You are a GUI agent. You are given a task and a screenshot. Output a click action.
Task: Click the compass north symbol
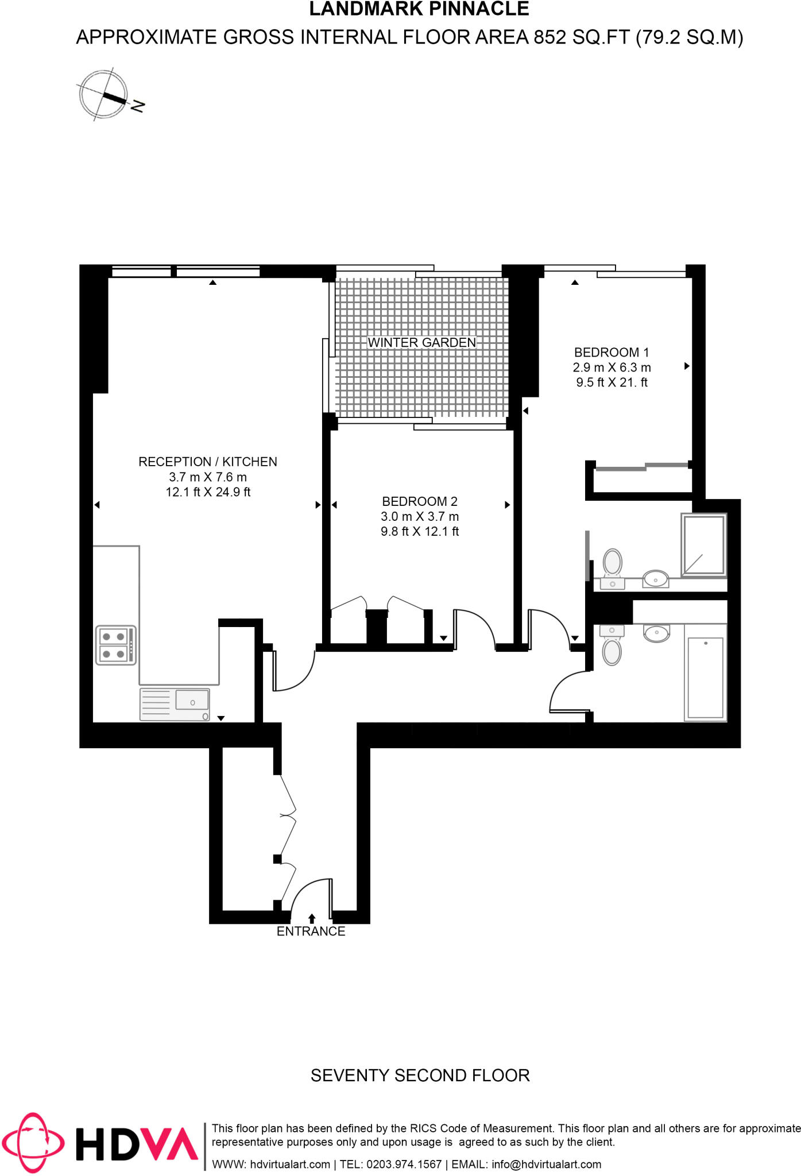tap(103, 94)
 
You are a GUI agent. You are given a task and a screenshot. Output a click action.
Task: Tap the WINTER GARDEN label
tap(421, 343)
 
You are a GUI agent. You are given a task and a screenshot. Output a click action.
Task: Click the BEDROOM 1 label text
tap(611, 353)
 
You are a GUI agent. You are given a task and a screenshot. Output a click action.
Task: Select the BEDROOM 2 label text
tap(420, 501)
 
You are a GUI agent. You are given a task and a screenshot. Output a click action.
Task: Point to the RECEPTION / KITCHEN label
tap(208, 462)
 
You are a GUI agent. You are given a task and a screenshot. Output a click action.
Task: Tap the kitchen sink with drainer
tap(175, 704)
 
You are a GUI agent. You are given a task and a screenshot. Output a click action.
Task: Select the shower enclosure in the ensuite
tap(703, 544)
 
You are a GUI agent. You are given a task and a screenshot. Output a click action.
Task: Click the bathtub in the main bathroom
tap(705, 678)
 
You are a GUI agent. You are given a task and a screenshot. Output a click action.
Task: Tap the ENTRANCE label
tap(311, 931)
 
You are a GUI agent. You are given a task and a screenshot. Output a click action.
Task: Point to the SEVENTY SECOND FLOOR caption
tap(420, 1075)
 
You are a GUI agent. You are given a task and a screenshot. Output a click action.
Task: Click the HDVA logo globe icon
tap(33, 1143)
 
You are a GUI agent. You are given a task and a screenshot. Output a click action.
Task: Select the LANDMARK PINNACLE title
tap(419, 10)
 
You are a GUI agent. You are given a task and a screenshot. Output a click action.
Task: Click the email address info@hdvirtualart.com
tap(546, 1164)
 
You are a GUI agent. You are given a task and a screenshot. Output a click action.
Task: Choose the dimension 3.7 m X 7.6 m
tap(208, 477)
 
